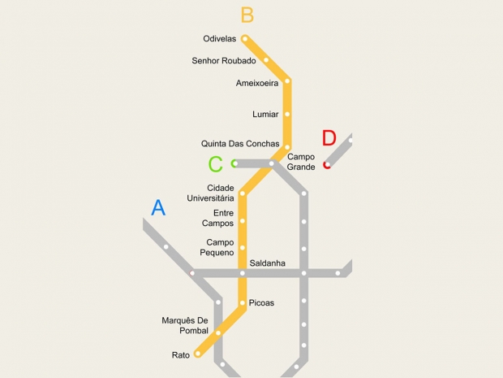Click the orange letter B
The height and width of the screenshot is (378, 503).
(247, 15)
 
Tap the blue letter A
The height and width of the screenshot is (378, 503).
(158, 208)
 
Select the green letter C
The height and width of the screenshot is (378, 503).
(215, 164)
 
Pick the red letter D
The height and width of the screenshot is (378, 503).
(329, 138)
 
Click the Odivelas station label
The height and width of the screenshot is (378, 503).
(219, 38)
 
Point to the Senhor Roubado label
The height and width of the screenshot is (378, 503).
(224, 60)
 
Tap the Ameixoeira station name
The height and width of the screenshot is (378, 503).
(257, 82)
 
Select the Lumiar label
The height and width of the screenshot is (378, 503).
(265, 114)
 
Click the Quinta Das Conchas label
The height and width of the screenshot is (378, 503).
(240, 144)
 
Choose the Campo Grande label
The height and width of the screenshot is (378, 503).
(301, 161)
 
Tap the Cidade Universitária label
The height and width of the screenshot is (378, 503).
(211, 193)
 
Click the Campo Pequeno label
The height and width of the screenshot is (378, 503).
(220, 247)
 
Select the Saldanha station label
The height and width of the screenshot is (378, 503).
(267, 263)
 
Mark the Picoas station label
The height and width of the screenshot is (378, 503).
(261, 303)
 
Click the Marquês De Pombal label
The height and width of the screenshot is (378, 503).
(185, 325)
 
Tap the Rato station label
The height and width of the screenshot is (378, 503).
(180, 354)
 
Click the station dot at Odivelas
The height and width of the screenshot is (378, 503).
(245, 38)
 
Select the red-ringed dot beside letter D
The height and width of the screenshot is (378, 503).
(327, 165)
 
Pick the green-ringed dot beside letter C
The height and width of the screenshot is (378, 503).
(234, 163)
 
